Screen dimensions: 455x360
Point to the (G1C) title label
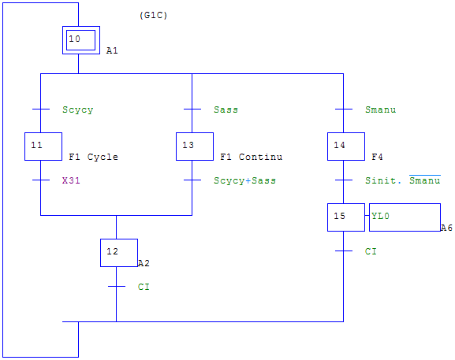pos(153,15)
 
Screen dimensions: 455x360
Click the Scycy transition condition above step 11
pos(78,109)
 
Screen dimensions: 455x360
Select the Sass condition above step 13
pos(226,109)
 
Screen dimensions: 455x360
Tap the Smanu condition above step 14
pos(380,109)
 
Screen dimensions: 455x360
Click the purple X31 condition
pos(71,180)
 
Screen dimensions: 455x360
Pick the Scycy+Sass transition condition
pos(244,180)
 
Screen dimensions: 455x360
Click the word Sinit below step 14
pos(380,180)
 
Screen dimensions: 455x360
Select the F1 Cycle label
pos(93,157)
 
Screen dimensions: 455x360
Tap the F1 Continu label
pos(251,157)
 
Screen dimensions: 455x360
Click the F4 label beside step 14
pos(377,157)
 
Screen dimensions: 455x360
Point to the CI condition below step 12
pos(144,287)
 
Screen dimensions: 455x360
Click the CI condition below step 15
pos(371,251)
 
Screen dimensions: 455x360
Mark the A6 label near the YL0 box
pos(446,228)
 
